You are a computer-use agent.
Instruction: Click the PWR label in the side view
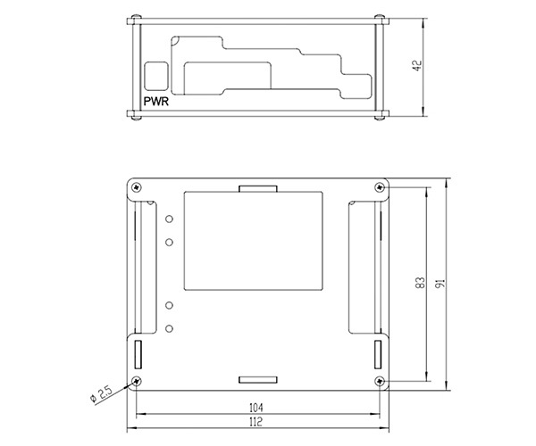point(156,102)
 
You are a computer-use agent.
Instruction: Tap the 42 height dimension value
point(417,65)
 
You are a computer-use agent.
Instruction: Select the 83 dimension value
point(421,283)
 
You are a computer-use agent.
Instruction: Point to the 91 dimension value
point(441,283)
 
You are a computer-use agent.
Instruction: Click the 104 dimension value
point(256,408)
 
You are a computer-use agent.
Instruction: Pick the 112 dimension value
point(256,422)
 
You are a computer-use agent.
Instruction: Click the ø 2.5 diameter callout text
point(101,393)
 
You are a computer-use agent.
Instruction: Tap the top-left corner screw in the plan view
point(137,187)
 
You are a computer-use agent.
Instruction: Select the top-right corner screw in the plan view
point(380,187)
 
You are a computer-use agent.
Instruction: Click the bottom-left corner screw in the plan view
point(137,381)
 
